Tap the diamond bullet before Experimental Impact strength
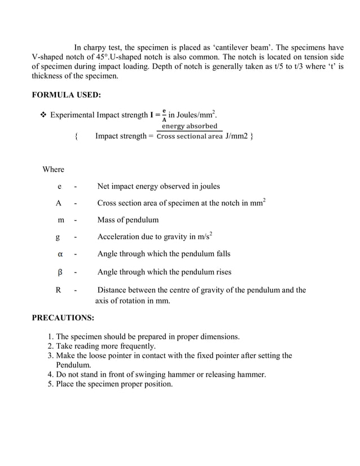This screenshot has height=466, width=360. [x=42, y=116]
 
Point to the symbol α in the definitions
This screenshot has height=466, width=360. [x=59, y=254]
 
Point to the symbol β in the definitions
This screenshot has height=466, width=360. [x=59, y=272]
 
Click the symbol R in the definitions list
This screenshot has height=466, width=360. [x=58, y=290]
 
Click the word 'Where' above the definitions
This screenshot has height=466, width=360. [x=53, y=169]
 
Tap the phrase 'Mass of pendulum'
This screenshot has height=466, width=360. [x=128, y=220]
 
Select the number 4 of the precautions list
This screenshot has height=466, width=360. [x=51, y=375]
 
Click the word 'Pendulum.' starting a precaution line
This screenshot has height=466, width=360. [x=74, y=365]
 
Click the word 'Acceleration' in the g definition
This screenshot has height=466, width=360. [x=120, y=237]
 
